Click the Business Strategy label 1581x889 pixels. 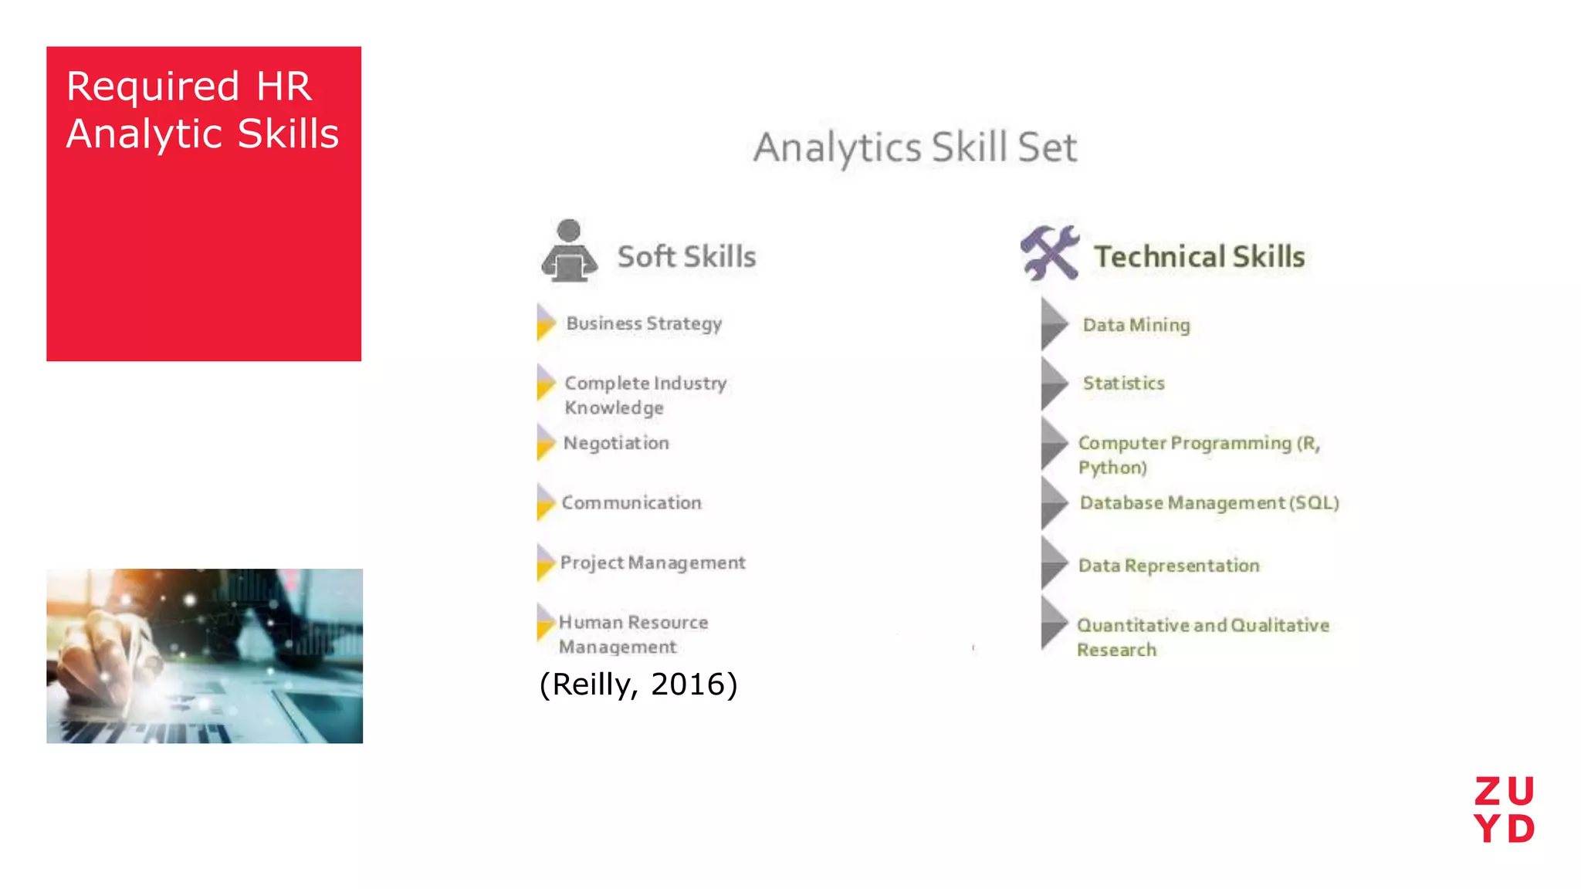[644, 323]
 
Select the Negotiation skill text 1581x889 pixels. [616, 443]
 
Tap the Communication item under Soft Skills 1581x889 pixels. [631, 502]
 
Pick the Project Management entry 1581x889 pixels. [652, 563]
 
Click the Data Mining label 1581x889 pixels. [1136, 325]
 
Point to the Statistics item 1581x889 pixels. [1123, 384]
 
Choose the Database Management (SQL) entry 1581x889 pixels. [1209, 503]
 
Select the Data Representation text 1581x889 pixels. [1169, 566]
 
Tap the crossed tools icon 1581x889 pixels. [1049, 252]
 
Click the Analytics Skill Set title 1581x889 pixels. [915, 147]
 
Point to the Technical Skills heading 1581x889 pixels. [1199, 257]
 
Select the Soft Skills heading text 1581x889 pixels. [686, 257]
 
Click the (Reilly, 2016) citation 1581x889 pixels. [638, 684]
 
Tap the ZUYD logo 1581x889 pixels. [1504, 810]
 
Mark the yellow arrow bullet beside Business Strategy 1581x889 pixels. [546, 323]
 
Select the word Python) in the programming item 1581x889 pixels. [1112, 468]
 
